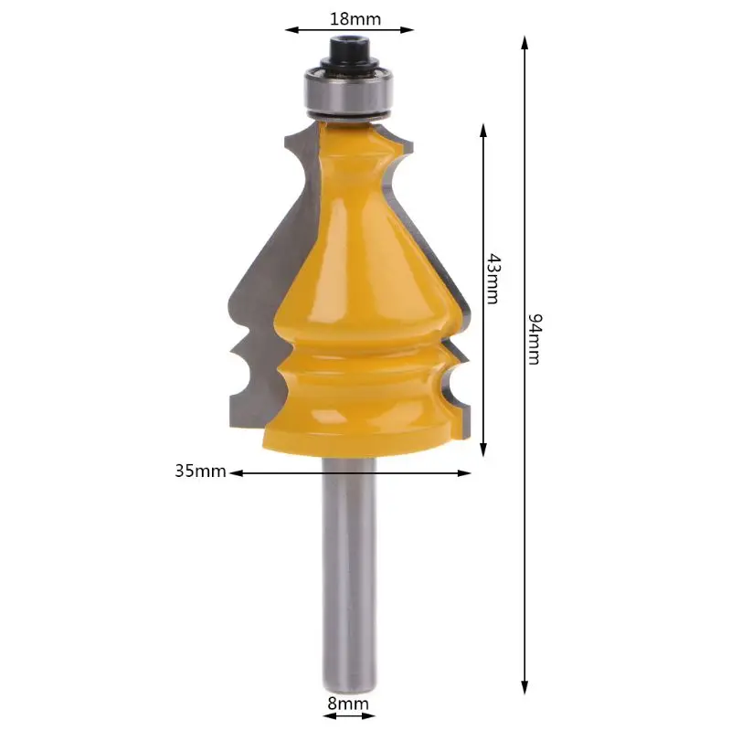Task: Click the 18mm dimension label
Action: tap(355, 19)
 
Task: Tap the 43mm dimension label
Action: tap(493, 279)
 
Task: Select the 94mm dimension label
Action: tap(535, 339)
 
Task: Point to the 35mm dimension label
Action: tap(200, 471)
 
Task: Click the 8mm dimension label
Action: tap(348, 704)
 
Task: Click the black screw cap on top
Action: tap(349, 55)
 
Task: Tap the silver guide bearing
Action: tap(349, 93)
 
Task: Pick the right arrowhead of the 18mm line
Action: tap(407, 30)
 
